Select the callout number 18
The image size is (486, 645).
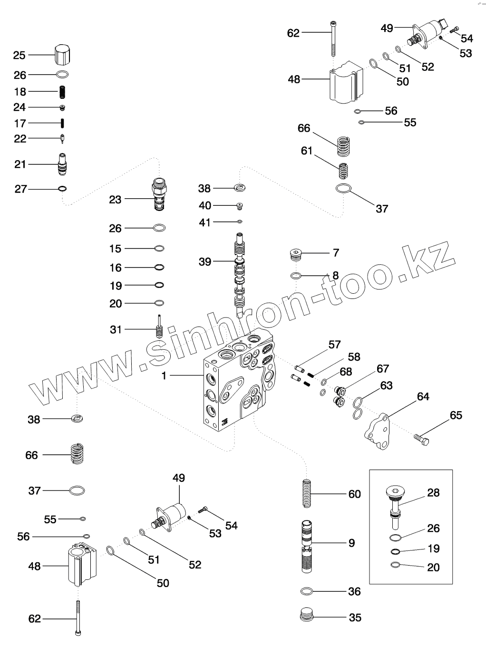20,92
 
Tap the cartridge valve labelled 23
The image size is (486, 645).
159,194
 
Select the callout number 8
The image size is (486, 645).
336,276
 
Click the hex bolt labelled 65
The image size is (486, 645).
421,439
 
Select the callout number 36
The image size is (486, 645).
354,592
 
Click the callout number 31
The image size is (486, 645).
116,329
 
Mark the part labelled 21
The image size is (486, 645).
62,164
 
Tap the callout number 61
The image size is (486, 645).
307,151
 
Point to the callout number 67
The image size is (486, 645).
383,368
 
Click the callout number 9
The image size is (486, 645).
351,543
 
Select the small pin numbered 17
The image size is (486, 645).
62,123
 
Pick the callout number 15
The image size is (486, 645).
116,249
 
